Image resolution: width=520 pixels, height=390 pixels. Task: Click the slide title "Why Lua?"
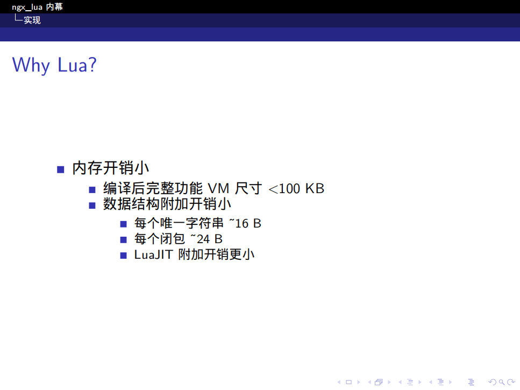click(54, 65)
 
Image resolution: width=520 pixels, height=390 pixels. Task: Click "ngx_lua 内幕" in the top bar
click(37, 6)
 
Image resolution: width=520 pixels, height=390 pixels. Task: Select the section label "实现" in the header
click(32, 20)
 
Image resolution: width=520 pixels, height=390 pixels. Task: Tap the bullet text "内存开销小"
click(110, 168)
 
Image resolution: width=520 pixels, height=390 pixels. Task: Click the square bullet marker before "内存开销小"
click(61, 169)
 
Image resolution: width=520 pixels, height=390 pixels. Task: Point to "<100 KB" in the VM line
click(297, 189)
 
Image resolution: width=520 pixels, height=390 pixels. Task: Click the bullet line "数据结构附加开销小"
click(167, 204)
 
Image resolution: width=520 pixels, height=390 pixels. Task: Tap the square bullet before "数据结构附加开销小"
click(92, 205)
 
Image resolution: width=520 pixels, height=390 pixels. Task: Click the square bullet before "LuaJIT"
click(124, 255)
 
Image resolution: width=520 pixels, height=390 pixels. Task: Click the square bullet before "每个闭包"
click(124, 239)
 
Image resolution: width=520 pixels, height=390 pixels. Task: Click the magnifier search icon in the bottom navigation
click(501, 382)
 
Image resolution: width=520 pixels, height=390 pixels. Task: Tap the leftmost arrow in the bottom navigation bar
click(339, 382)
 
